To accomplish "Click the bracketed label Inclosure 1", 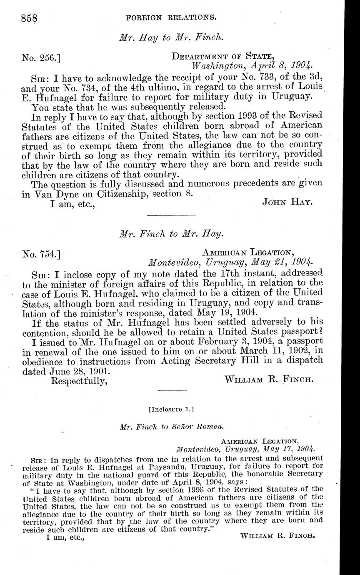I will [171, 409].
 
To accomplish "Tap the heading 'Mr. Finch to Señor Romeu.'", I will [171, 427].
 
